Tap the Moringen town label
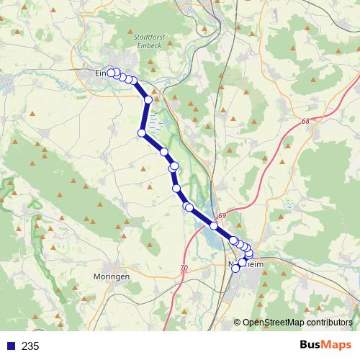click(112, 276)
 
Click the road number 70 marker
click(184, 268)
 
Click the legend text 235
click(30, 346)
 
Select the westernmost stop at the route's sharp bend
click(143, 132)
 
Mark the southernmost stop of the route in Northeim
click(235, 268)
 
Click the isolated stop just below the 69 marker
click(214, 226)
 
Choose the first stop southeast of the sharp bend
click(164, 152)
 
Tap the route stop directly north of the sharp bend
click(148, 99)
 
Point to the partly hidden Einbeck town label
click(101, 73)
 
